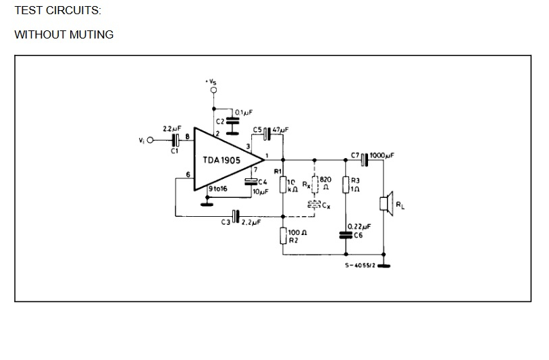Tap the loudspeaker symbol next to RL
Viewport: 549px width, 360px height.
point(386,204)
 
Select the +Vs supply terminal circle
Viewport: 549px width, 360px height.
point(213,91)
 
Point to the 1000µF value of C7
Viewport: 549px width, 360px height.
point(382,155)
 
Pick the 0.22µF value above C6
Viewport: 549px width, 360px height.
point(359,226)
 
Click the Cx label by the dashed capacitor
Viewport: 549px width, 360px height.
point(326,205)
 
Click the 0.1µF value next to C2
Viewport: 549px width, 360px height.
point(244,112)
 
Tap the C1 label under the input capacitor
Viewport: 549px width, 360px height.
point(174,151)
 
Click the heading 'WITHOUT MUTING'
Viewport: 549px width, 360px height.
point(64,34)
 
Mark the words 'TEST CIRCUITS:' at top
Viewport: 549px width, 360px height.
point(57,11)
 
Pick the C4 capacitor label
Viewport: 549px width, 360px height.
point(263,182)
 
